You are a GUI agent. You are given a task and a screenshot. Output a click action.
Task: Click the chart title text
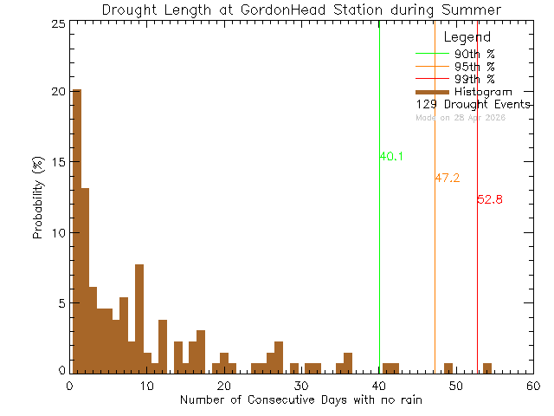tap(301, 10)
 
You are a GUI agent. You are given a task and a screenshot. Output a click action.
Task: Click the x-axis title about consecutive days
tap(301, 400)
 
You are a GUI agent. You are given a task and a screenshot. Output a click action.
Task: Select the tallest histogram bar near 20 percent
tap(77, 231)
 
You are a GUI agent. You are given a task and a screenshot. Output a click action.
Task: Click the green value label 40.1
tap(391, 157)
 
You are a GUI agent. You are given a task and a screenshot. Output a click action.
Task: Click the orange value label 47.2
tap(447, 178)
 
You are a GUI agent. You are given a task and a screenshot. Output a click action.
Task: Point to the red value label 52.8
tap(489, 199)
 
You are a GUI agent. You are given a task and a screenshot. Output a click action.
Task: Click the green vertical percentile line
tap(379, 260)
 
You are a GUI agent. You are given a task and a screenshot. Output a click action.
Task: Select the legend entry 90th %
tap(474, 54)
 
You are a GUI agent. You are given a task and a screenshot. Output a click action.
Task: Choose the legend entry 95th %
tap(474, 67)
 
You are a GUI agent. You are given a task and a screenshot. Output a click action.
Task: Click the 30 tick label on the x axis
tap(301, 386)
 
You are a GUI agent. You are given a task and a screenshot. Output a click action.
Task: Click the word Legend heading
tap(467, 37)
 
